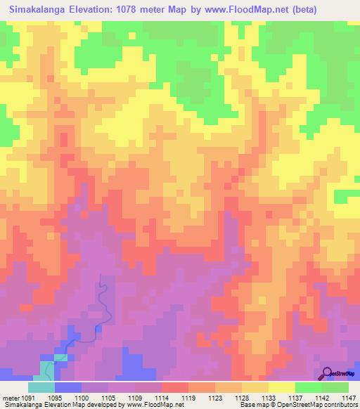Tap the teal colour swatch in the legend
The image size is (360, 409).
coord(41,387)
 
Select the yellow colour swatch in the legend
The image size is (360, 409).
coord(282,387)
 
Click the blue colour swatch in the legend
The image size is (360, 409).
coord(68,387)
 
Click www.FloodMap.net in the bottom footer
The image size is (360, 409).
coord(149,405)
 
